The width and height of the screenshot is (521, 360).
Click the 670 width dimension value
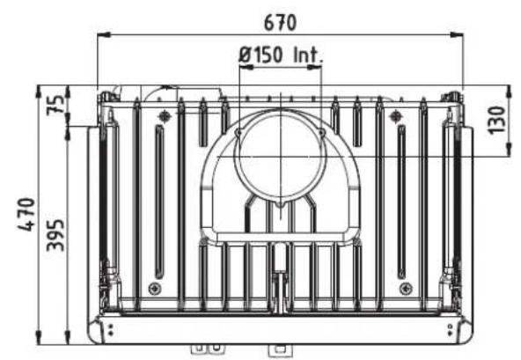point(280,23)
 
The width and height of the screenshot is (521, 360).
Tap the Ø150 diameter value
point(260,55)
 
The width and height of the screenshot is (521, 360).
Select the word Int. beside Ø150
point(308,55)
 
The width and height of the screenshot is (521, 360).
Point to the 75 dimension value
point(55,105)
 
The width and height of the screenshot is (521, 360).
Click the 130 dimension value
point(497,120)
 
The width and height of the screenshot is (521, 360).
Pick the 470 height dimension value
point(26,214)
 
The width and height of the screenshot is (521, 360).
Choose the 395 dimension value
point(55,235)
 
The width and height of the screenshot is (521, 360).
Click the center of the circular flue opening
point(281,156)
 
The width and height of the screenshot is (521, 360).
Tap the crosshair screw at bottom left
point(155,288)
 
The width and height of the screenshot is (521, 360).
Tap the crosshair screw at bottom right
point(407,288)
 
